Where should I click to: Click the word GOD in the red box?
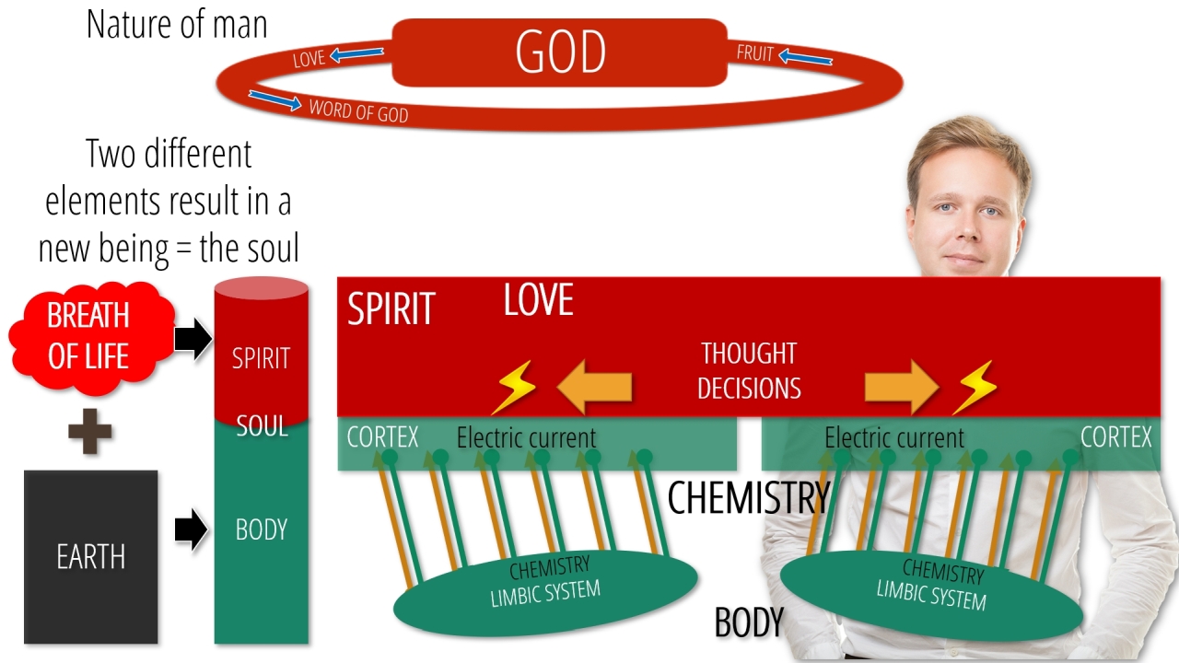tap(561, 52)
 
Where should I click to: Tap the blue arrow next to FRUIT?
tap(805, 57)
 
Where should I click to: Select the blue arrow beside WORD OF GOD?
tap(274, 99)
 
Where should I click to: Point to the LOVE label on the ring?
tap(309, 58)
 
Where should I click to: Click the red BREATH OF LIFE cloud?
tap(90, 338)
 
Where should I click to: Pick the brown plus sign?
tap(90, 431)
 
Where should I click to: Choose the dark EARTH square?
tap(91, 557)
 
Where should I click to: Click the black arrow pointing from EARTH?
tap(192, 529)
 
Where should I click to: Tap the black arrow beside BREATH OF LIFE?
tap(193, 338)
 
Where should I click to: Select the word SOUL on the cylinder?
tap(263, 425)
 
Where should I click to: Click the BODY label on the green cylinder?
tap(262, 529)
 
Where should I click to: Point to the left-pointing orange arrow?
tap(594, 388)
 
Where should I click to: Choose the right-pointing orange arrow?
tap(902, 388)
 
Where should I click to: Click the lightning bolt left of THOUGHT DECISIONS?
tap(514, 387)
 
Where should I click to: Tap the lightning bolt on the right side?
tap(975, 387)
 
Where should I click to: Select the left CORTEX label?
tap(382, 437)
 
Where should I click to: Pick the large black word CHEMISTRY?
tap(749, 497)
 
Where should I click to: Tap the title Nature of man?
tap(177, 25)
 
